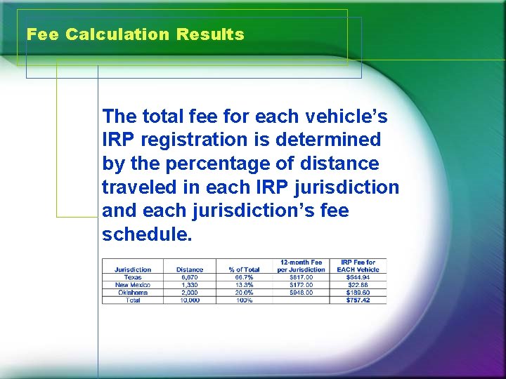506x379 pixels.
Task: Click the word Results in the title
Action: (211, 34)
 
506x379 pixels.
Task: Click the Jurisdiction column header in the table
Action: (133, 270)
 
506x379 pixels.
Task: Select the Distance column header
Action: (190, 270)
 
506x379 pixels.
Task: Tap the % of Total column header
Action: (244, 270)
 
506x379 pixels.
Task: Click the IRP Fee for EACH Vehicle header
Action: (358, 266)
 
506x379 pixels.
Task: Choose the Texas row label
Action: (133, 277)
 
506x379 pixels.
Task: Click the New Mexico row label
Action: (133, 285)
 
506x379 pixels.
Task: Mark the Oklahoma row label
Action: (133, 293)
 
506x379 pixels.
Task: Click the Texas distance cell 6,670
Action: (190, 277)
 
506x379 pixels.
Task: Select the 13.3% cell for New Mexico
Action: (244, 285)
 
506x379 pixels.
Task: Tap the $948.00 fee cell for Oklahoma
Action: (301, 293)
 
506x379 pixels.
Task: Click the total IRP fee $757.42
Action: (358, 300)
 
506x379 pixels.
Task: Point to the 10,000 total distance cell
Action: (190, 300)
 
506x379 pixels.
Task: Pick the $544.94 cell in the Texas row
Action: (358, 277)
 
